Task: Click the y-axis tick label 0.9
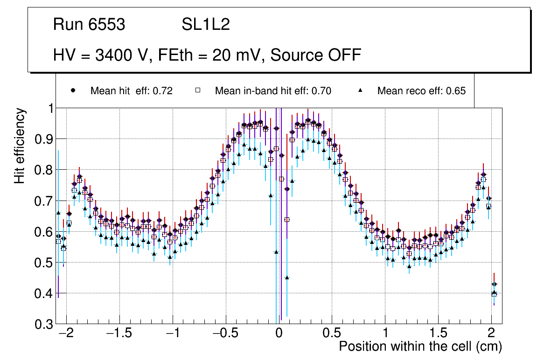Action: point(44,139)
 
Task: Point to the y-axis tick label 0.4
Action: point(44,294)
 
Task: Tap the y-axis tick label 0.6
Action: point(44,232)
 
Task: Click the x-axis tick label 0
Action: point(279,334)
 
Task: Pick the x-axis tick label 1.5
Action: point(438,334)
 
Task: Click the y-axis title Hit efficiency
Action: point(20,145)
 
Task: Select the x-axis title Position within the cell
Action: point(420,347)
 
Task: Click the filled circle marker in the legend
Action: point(73,91)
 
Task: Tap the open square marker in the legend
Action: point(197,91)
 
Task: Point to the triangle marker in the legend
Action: point(360,91)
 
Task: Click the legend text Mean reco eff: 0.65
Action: point(421,91)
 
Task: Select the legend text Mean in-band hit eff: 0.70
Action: point(273,91)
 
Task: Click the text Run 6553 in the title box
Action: point(89,24)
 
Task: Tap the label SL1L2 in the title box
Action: point(206,24)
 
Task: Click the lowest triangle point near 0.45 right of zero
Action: point(287,278)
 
